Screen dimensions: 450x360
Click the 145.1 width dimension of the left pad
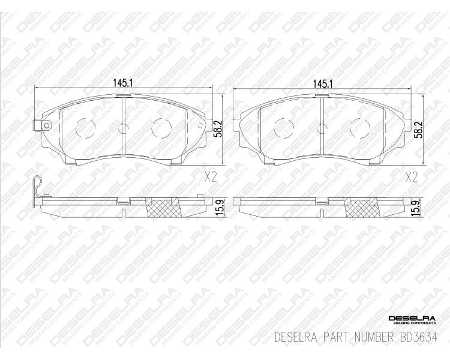click(x=122, y=83)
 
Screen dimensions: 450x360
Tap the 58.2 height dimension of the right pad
click(x=418, y=130)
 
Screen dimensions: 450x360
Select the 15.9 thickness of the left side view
click(x=220, y=208)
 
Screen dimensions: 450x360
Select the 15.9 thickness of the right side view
click(x=418, y=209)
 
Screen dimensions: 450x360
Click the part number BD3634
click(x=418, y=337)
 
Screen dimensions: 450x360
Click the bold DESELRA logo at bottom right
click(x=412, y=319)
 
